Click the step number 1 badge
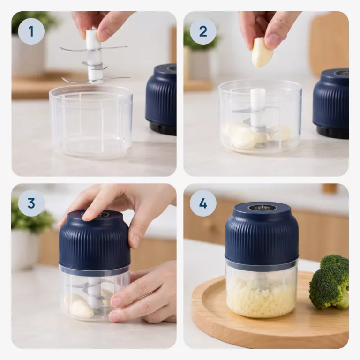click(31, 31)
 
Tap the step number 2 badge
click(203, 31)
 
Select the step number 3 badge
click(31, 203)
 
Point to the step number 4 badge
click(203, 203)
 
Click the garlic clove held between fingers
click(262, 53)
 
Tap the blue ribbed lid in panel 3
click(94, 239)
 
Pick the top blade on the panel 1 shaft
click(94, 48)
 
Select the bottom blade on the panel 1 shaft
click(96, 80)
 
